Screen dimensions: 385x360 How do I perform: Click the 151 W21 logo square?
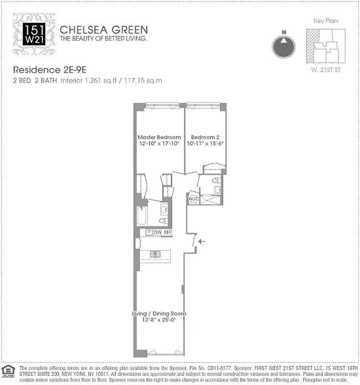[34, 33]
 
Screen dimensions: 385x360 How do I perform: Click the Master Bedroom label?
[159, 137]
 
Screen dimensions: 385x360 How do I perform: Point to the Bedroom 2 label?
[205, 137]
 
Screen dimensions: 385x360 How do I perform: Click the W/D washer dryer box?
[193, 198]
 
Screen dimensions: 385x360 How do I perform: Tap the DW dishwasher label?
[157, 232]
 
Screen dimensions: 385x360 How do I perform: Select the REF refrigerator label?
[167, 232]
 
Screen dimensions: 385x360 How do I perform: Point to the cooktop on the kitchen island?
[154, 254]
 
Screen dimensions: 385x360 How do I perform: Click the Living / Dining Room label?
[159, 314]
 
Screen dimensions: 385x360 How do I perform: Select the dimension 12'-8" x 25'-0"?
[159, 320]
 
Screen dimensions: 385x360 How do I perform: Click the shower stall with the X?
[210, 199]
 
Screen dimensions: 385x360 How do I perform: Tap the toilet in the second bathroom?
[216, 181]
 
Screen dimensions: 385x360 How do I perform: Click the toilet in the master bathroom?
[163, 221]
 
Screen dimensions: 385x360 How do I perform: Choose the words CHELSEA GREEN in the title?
[103, 29]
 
